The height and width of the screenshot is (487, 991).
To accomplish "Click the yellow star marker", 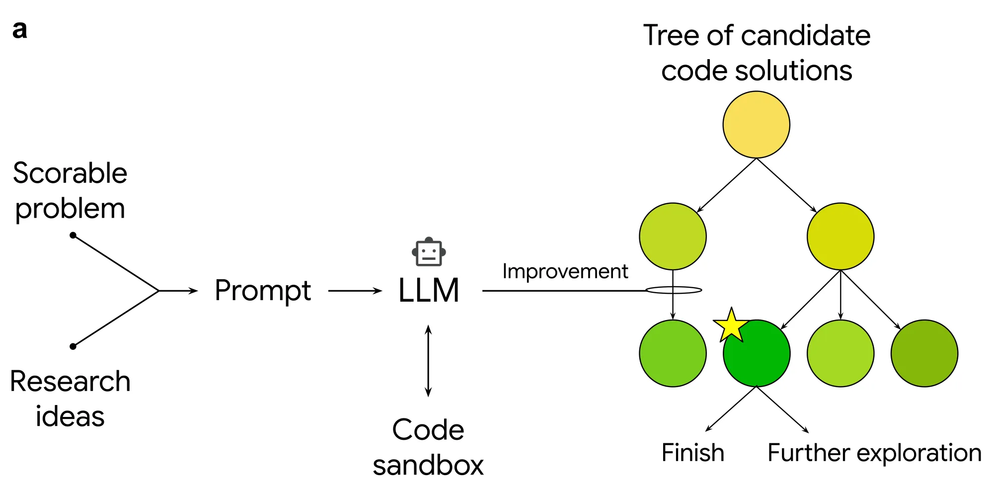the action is point(731,325).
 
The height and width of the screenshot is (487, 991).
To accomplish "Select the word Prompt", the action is point(263,291).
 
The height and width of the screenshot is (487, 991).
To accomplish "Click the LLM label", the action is point(429,290).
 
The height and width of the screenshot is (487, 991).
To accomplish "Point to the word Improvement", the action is point(565,271).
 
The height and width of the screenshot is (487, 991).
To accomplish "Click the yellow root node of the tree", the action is point(756,124).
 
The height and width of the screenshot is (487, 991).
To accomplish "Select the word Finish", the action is point(692,453).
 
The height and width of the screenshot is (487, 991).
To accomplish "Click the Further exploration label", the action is point(874,453).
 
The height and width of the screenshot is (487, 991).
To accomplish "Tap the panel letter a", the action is point(20,30).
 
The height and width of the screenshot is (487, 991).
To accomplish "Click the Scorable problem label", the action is point(70,191).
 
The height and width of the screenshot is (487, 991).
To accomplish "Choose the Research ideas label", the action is point(70,399).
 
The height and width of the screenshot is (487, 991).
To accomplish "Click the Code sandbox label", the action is point(428,447).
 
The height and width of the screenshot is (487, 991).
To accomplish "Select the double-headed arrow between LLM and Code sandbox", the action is point(428,361).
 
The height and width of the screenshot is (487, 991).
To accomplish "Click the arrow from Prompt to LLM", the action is point(355,291).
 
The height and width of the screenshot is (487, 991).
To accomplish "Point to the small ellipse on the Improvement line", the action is point(674,290).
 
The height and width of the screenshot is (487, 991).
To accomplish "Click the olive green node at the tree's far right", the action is point(924,353).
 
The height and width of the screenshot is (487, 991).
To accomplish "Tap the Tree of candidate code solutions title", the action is point(757,53).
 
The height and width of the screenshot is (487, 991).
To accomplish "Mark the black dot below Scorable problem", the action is point(73,235).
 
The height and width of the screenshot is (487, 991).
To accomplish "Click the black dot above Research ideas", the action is point(73,346).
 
